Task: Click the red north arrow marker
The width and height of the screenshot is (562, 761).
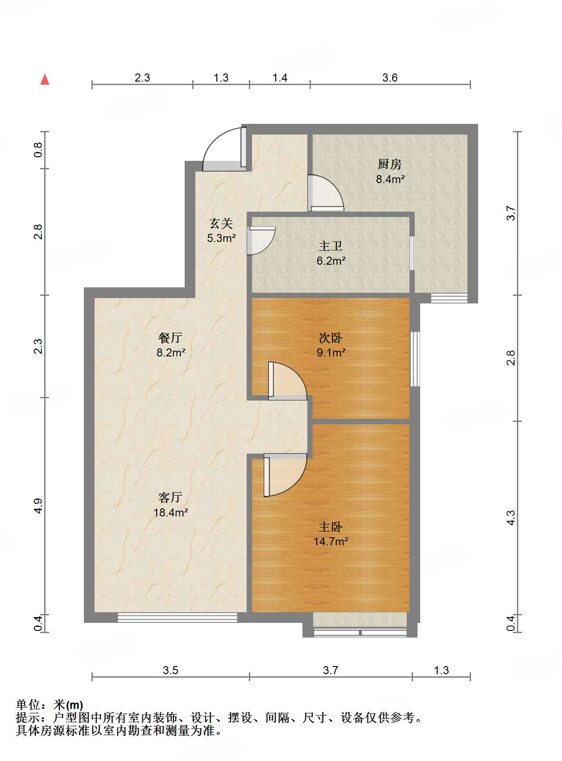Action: coord(45,79)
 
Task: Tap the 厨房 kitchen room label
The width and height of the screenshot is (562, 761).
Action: coord(389,164)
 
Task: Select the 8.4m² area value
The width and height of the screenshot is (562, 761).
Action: coord(390,180)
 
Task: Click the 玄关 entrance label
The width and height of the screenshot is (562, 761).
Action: coord(221,223)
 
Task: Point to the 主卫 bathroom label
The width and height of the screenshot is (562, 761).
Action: coord(331,246)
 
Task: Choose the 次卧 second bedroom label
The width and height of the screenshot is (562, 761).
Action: coord(331,338)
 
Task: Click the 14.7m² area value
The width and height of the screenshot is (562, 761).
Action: coord(331,542)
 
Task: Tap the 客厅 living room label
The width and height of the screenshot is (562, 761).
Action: coord(170,497)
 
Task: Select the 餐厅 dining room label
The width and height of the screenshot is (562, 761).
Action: coord(170,338)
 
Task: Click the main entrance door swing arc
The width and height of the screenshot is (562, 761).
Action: coord(221,149)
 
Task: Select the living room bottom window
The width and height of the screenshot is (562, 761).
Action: coord(177,618)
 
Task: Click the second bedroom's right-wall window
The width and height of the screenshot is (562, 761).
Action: coord(415,359)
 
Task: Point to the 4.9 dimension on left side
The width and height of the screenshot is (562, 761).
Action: coord(38,506)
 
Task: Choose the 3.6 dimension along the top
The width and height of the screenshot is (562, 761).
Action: coord(390,78)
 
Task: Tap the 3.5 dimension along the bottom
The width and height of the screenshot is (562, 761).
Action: coord(170,670)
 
